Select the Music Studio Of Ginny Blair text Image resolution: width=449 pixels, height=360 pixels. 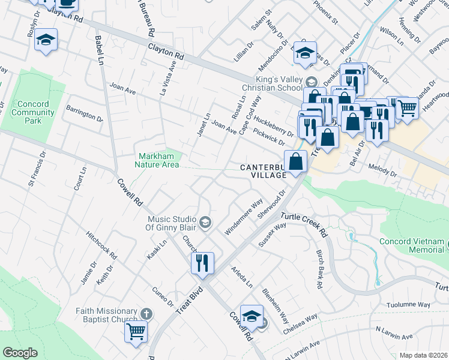click(167, 223)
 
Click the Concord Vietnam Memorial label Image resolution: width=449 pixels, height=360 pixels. click(412, 246)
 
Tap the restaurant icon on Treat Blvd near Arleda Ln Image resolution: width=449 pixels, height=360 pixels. click(202, 263)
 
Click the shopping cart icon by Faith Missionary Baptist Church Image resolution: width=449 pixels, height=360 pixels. click(136, 330)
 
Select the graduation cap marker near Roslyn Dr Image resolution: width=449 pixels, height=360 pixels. click(46, 41)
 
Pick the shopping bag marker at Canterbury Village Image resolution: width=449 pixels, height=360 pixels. click(296, 162)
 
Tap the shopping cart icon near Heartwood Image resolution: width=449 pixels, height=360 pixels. click(407, 109)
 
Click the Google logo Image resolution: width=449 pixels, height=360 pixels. click(20, 353)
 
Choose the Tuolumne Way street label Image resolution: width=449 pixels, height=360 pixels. click(408, 305)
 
